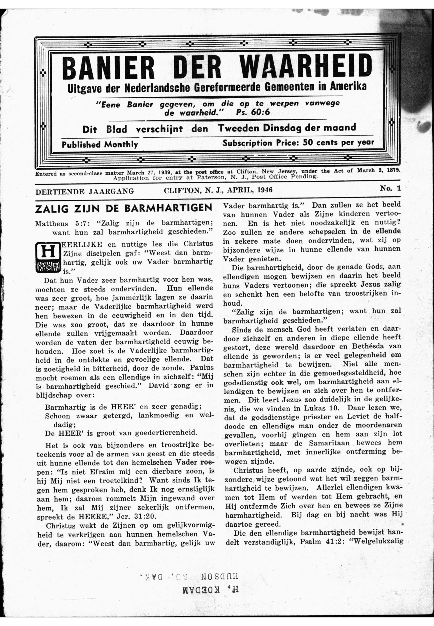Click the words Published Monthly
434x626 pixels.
[x=100, y=144]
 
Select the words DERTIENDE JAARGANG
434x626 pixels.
[x=85, y=191]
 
